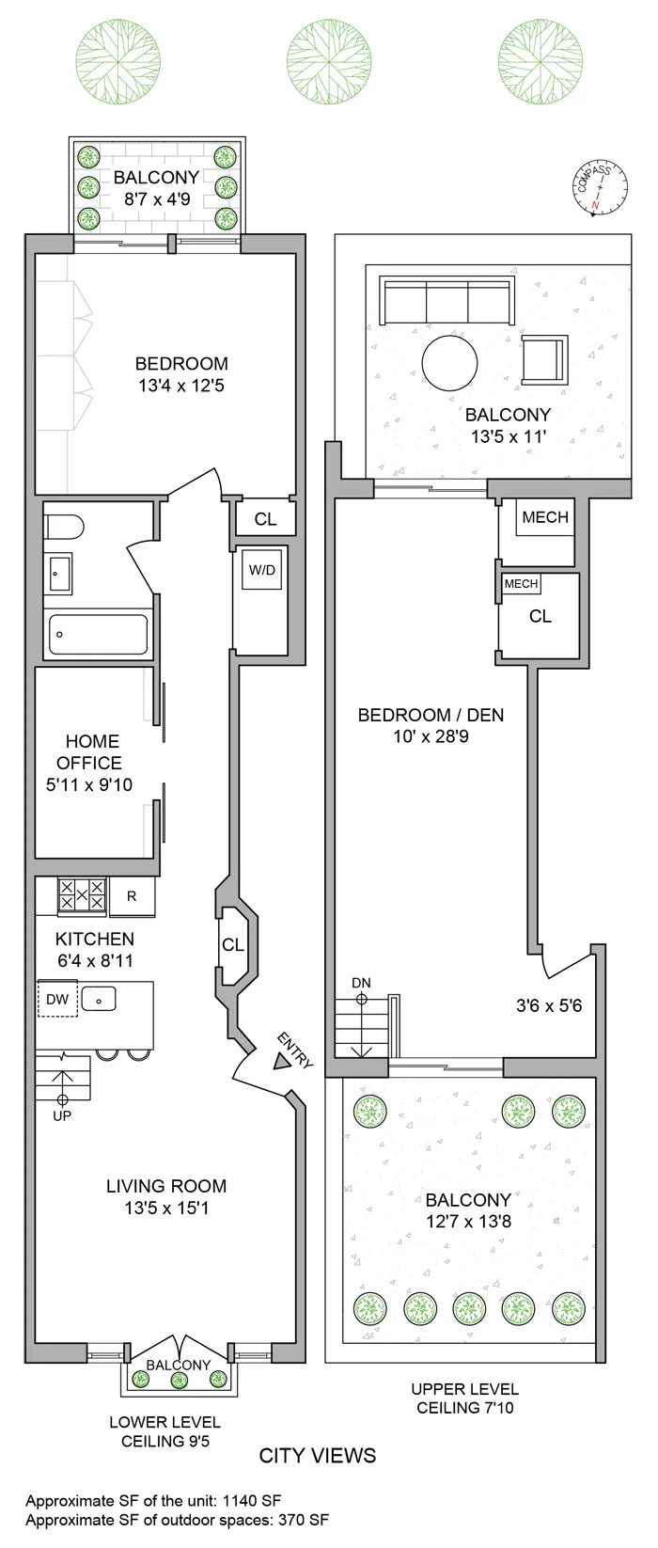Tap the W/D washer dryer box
pyautogui.click(x=262, y=570)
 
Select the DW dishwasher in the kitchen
pyautogui.click(x=57, y=999)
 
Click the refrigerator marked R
pyautogui.click(x=132, y=896)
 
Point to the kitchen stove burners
pyautogui.click(x=82, y=895)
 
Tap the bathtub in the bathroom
pyautogui.click(x=97, y=634)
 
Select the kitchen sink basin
pyautogui.click(x=99, y=998)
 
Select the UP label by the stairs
pyautogui.click(x=62, y=1115)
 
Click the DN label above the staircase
pyautogui.click(x=361, y=983)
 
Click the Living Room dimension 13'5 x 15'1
pyautogui.click(x=166, y=1208)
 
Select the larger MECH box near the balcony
pyautogui.click(x=545, y=517)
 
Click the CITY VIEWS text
pyautogui.click(x=318, y=1456)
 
